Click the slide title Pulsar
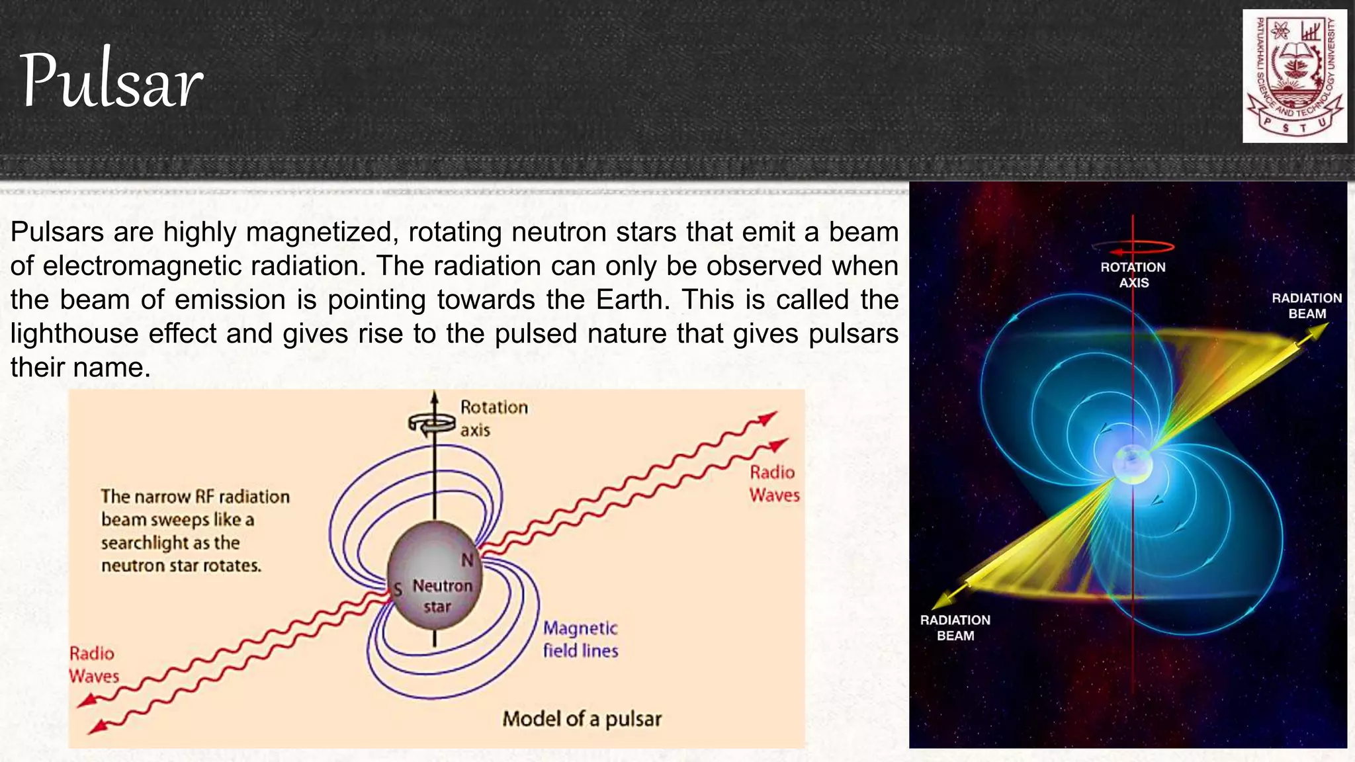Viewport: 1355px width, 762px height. (x=111, y=81)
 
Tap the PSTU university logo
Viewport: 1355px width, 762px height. (x=1294, y=76)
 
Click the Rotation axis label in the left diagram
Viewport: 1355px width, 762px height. (x=494, y=418)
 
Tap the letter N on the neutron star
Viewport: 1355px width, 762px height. (x=467, y=560)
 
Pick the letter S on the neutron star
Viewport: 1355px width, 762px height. (x=398, y=589)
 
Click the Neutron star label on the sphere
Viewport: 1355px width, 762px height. (x=441, y=596)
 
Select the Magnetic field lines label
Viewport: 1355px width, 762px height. (x=580, y=640)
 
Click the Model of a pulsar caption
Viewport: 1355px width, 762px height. (x=582, y=719)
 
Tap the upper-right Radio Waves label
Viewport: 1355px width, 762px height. (x=773, y=484)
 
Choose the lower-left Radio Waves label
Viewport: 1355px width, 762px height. (x=93, y=665)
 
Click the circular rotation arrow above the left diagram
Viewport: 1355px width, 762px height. (x=431, y=423)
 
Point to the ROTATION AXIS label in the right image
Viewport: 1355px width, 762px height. (x=1133, y=275)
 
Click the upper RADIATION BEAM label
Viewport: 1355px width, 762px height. (x=1307, y=306)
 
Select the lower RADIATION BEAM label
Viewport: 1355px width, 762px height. (x=955, y=628)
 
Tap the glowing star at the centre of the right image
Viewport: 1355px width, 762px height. (x=1132, y=463)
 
